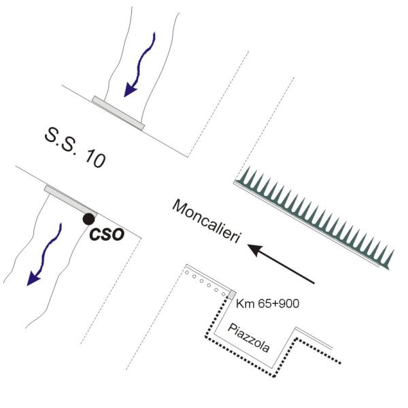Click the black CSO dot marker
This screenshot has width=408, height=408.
click(x=88, y=219)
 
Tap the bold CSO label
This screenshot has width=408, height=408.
click(x=107, y=235)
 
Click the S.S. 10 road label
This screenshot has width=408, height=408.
click(x=75, y=148)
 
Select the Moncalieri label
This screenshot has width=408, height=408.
click(x=206, y=222)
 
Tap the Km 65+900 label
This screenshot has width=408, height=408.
click(x=267, y=303)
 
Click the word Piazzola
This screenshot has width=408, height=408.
click(x=248, y=338)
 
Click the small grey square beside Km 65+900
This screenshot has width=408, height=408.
click(x=232, y=295)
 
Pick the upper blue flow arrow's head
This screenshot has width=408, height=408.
click(x=129, y=90)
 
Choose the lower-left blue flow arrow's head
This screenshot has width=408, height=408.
click(x=33, y=278)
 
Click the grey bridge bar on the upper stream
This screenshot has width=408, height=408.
click(x=118, y=113)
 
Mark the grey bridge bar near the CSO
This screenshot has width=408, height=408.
click(x=71, y=201)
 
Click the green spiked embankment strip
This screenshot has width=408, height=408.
click(x=313, y=218)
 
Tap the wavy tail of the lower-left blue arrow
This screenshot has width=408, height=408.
click(x=50, y=248)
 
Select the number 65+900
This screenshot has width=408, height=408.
click(x=278, y=303)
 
